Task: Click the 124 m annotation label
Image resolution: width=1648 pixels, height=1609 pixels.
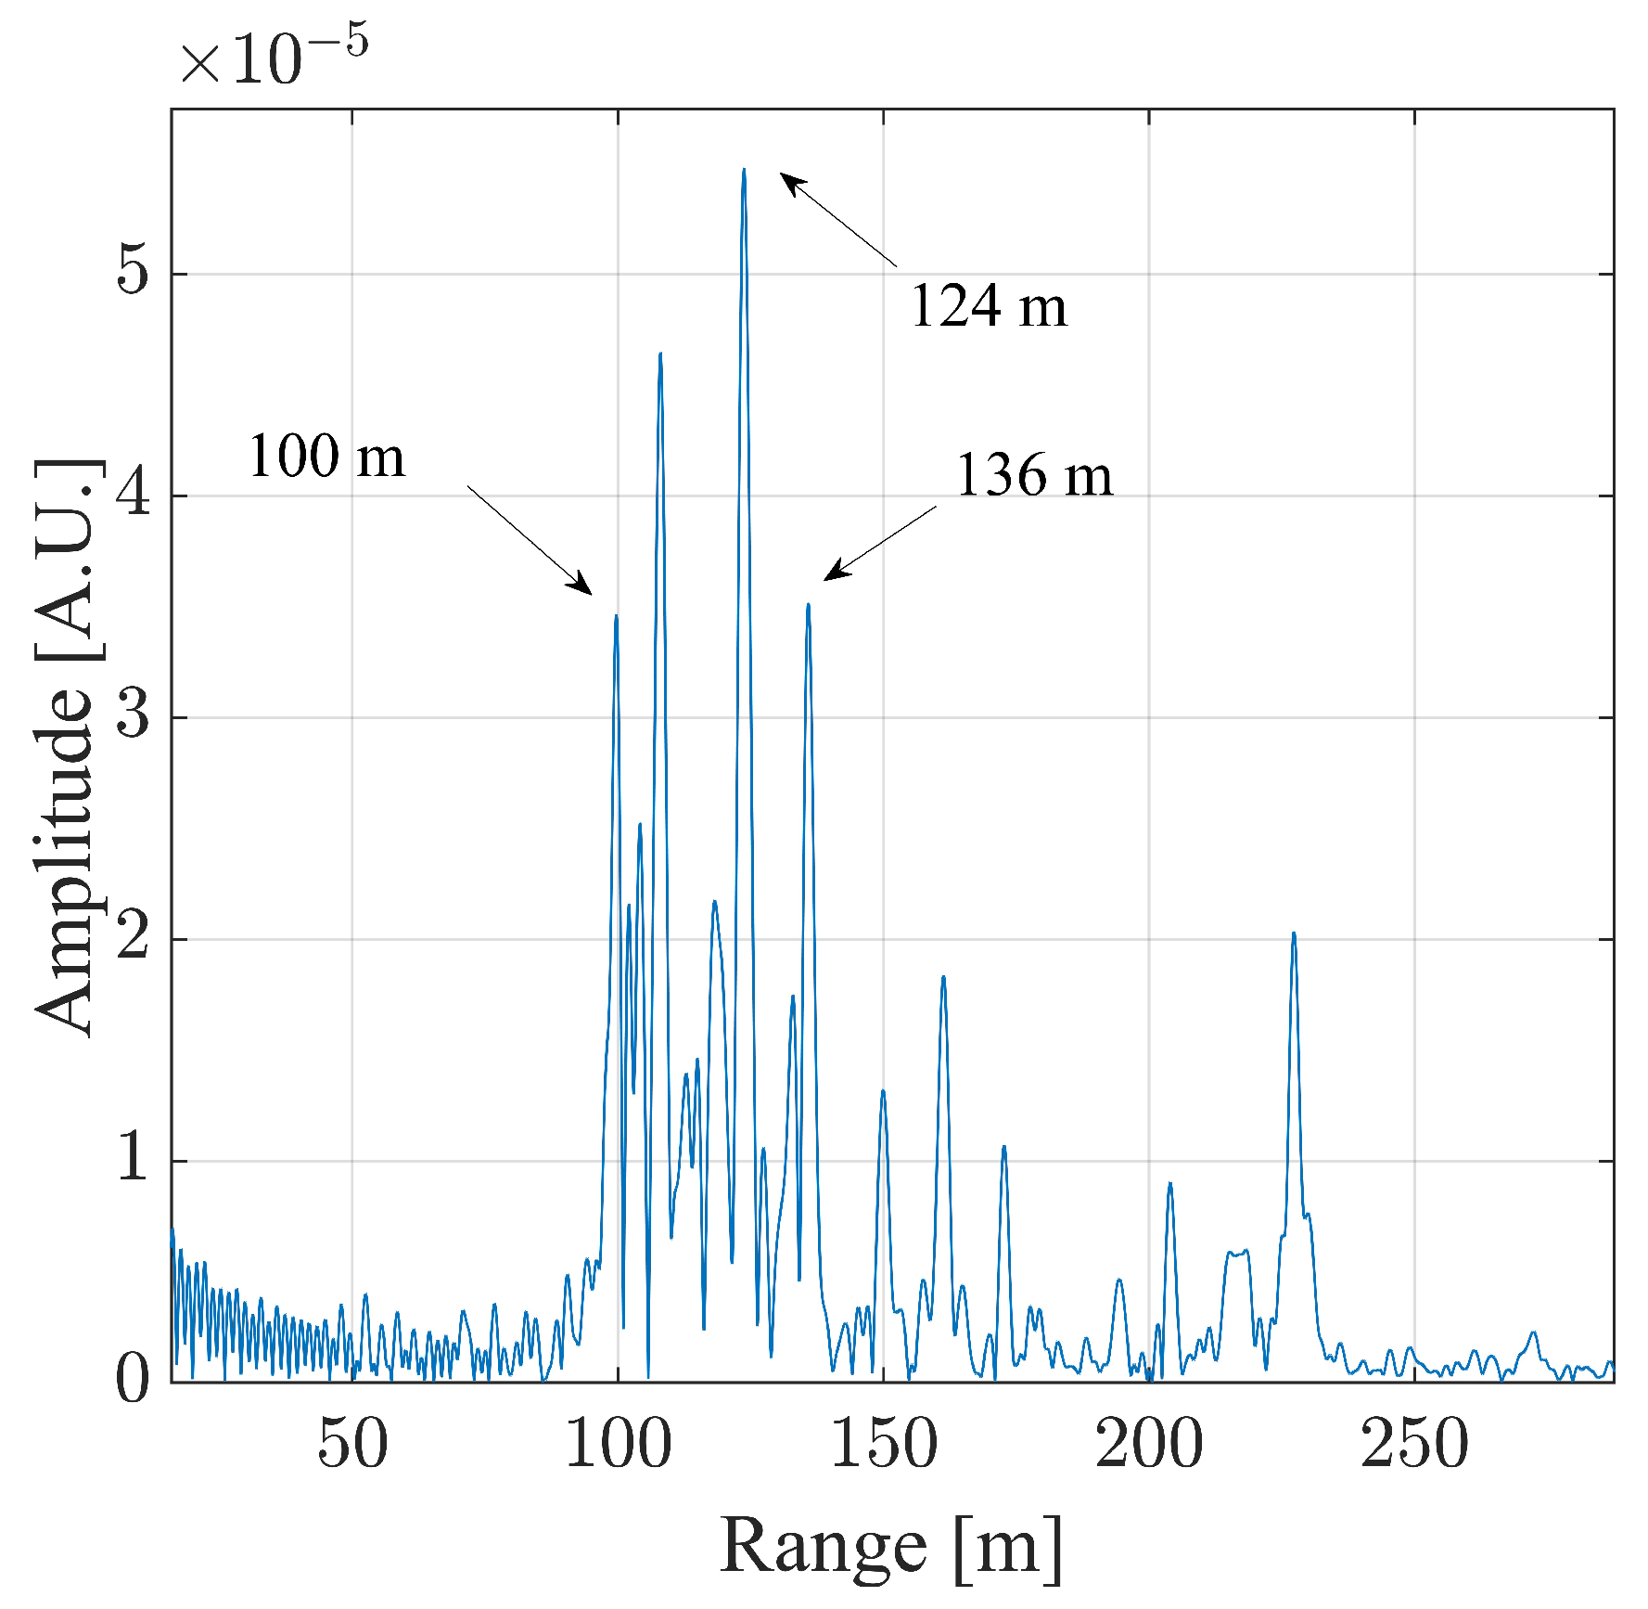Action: pos(989,306)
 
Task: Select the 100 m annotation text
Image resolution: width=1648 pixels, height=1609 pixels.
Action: pos(326,457)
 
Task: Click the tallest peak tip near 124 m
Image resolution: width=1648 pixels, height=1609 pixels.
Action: pos(744,171)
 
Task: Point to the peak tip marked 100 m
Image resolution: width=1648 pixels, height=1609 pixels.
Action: pos(616,617)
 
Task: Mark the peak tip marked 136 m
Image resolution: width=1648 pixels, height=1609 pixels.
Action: pos(808,606)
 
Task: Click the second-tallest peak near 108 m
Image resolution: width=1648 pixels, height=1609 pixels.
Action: pos(660,354)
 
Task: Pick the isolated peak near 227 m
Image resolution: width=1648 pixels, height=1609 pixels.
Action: pos(1293,934)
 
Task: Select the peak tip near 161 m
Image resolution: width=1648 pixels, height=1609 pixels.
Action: pos(943,978)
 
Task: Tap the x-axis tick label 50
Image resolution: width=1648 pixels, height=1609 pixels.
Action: pos(352,1445)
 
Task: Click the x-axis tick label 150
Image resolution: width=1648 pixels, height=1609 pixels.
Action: pos(883,1445)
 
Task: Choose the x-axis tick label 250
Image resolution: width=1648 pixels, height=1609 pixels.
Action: pos(1414,1445)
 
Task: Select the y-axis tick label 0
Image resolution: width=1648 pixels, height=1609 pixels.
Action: pos(133,1380)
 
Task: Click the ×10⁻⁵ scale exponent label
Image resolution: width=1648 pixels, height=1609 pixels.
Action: pos(274,58)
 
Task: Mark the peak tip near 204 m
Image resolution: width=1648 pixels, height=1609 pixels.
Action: pos(1169,1184)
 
